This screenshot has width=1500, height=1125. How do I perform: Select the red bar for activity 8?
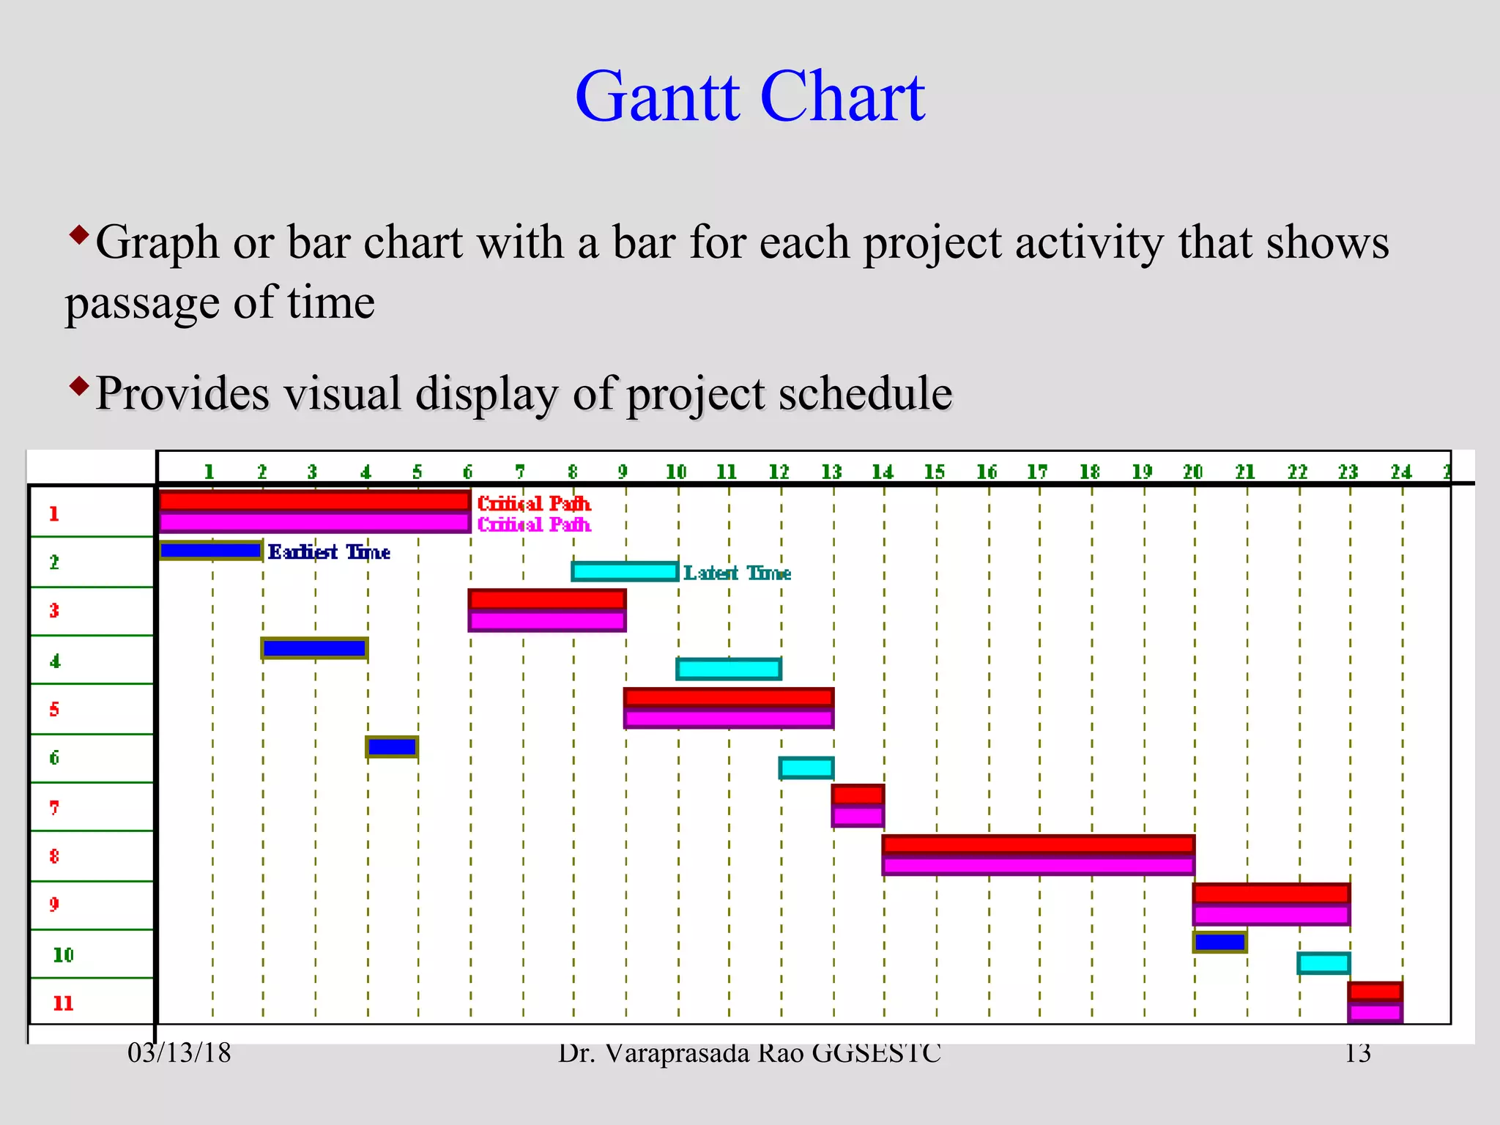(1038, 844)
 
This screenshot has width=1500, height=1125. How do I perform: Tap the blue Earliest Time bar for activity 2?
(211, 550)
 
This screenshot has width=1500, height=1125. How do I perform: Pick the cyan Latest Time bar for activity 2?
(625, 571)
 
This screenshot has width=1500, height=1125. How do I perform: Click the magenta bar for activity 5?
(729, 719)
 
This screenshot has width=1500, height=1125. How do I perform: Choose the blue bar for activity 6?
(392, 746)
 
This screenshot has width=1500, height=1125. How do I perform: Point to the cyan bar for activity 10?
(1323, 963)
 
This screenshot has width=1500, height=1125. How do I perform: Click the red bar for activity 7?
(858, 795)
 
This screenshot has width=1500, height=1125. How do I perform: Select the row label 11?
(63, 1003)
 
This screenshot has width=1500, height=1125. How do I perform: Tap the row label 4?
(55, 661)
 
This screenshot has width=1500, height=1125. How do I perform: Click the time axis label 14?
(883, 472)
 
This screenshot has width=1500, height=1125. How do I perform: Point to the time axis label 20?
(1193, 472)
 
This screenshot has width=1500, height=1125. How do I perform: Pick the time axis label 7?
(519, 472)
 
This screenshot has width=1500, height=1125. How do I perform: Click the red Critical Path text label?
(533, 503)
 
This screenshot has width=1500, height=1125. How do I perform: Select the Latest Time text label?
(737, 573)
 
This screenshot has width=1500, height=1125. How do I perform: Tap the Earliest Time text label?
(329, 552)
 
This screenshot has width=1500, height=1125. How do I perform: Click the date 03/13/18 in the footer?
(179, 1053)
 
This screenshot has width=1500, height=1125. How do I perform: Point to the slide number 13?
(1357, 1053)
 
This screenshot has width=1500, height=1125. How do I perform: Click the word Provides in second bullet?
(182, 393)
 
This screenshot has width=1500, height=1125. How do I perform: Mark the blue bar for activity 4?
(314, 648)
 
